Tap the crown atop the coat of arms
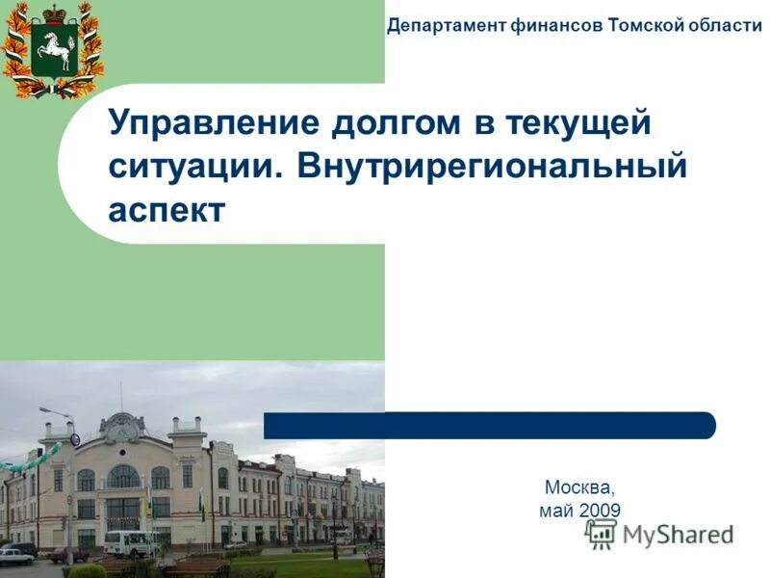pos(53,11)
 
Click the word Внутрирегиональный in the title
pos(493,167)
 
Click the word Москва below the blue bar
pos(578,487)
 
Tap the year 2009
pos(600,511)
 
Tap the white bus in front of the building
pos(132,543)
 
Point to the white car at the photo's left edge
pos(13,557)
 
